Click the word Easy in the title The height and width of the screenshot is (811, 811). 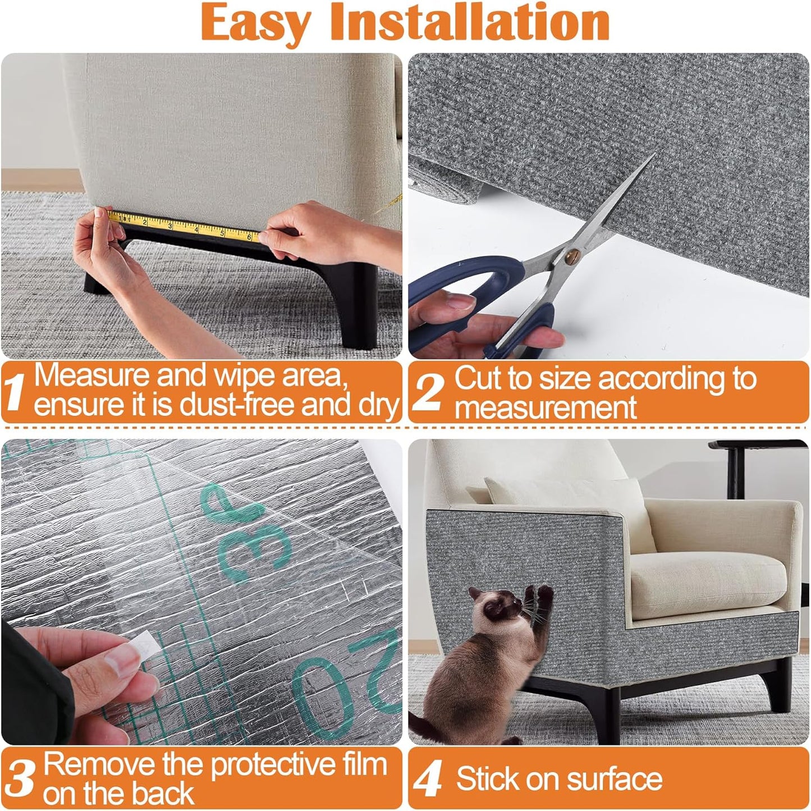pos(255,22)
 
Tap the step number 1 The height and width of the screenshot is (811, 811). pos(15,391)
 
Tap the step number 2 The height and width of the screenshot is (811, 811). pos(428,391)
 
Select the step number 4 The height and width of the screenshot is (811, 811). pos(428,780)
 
